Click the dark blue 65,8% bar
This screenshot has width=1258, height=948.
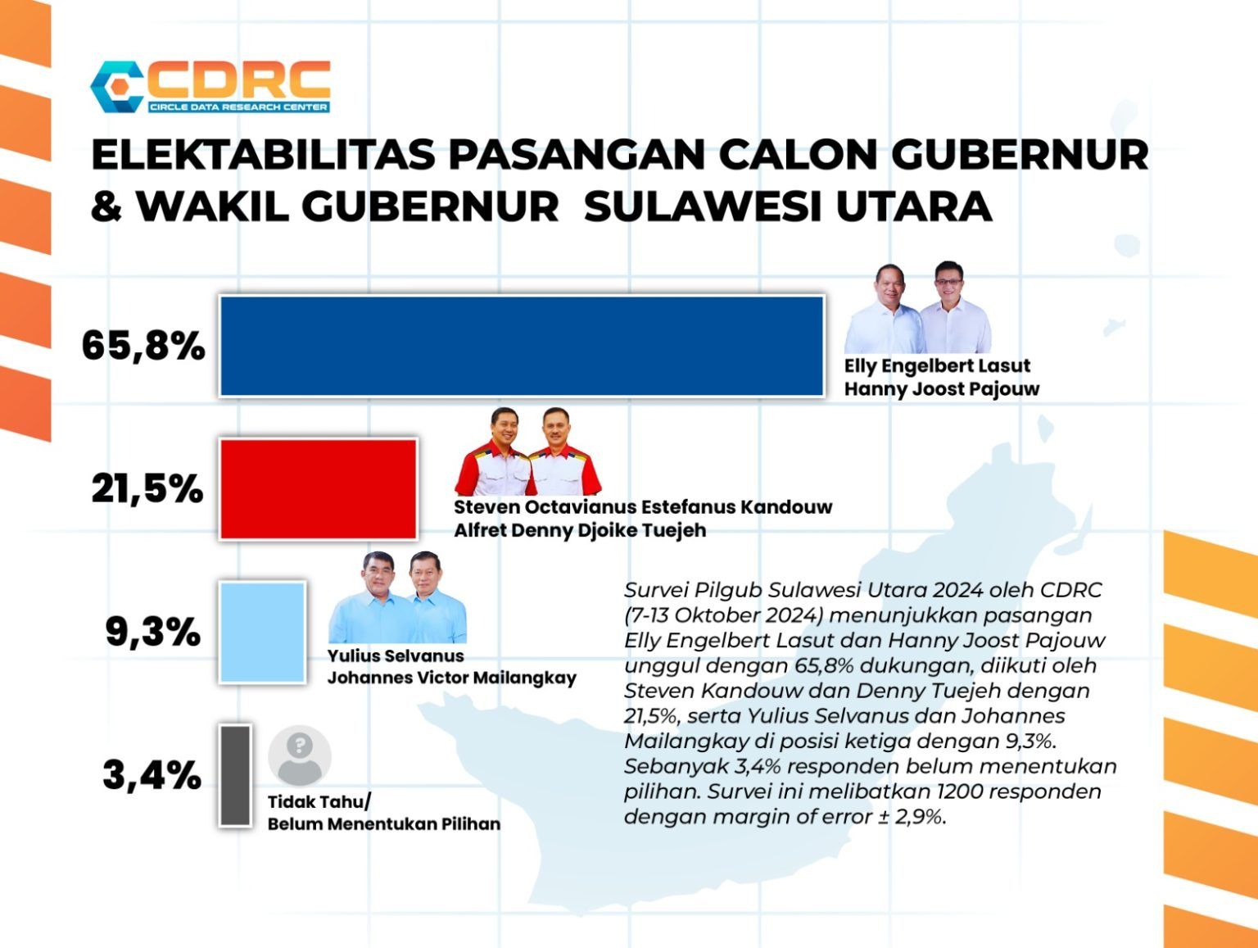tap(522, 347)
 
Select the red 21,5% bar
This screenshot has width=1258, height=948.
tap(318, 489)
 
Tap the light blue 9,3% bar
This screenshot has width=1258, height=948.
tap(262, 633)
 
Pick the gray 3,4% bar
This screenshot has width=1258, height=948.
tap(236, 776)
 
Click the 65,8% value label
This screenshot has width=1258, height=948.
tap(143, 347)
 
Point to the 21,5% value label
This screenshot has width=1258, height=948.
tap(147, 489)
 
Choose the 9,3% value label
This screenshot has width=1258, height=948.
tap(153, 633)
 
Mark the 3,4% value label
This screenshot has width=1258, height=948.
tap(152, 775)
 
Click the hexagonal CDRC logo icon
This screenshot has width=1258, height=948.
tap(117, 87)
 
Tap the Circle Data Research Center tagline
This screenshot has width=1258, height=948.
tap(238, 107)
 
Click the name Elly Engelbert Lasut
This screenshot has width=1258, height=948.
tap(937, 365)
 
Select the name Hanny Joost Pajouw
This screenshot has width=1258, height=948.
tap(942, 389)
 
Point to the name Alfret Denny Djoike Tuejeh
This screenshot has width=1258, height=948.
tap(580, 530)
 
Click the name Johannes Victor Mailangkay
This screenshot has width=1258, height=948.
tap(451, 678)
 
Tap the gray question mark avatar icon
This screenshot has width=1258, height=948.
tap(300, 756)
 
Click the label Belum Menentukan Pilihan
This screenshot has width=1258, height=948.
tap(384, 824)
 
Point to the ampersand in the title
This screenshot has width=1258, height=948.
tap(106, 206)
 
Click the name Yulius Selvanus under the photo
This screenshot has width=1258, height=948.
tap(396, 655)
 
